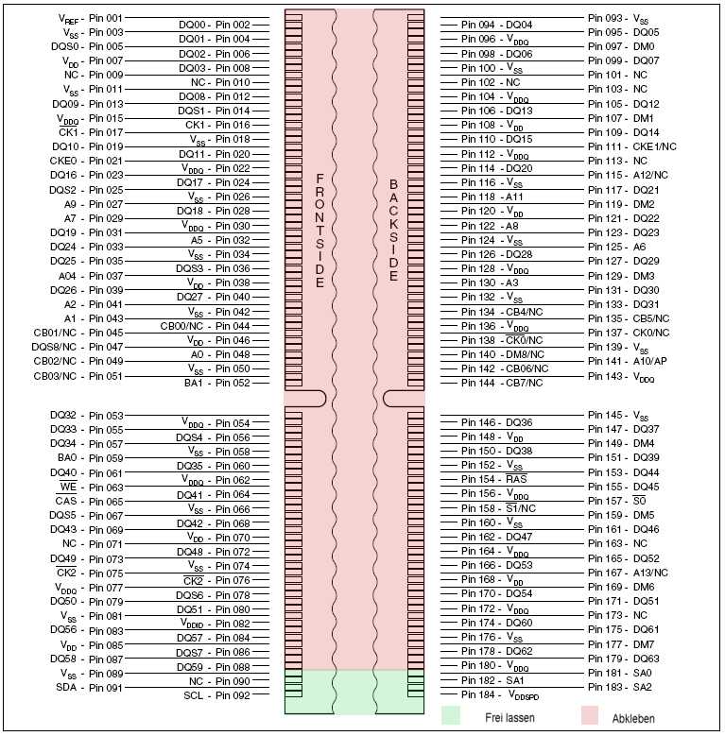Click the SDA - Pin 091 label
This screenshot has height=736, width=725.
(89, 688)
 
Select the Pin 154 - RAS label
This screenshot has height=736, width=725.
(493, 479)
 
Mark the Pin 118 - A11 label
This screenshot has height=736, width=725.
(492, 197)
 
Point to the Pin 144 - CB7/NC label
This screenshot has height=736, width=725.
(502, 383)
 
